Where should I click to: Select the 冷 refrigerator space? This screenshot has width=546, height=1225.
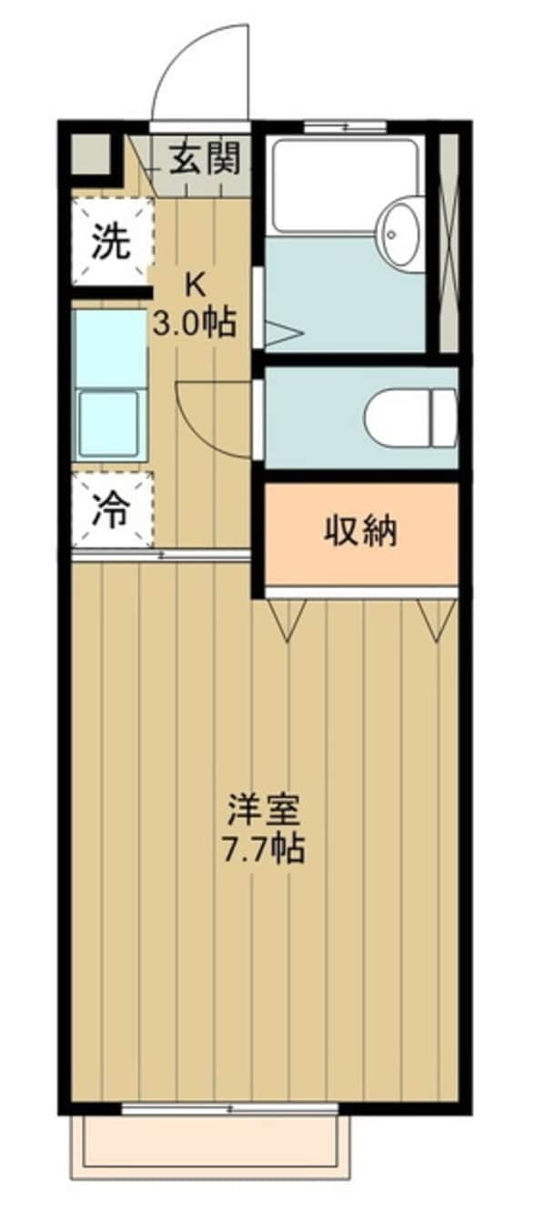tap(111, 510)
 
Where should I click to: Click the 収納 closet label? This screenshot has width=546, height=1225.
tap(361, 529)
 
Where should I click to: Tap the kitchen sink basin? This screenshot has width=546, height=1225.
tap(110, 423)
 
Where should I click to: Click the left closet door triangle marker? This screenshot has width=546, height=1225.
tap(288, 621)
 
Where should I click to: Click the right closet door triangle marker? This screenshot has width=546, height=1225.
tap(436, 620)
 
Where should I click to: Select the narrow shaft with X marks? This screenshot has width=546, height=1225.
tap(449, 241)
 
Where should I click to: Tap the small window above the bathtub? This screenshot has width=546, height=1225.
tap(345, 126)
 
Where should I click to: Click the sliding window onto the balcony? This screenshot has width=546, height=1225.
tap(230, 1109)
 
